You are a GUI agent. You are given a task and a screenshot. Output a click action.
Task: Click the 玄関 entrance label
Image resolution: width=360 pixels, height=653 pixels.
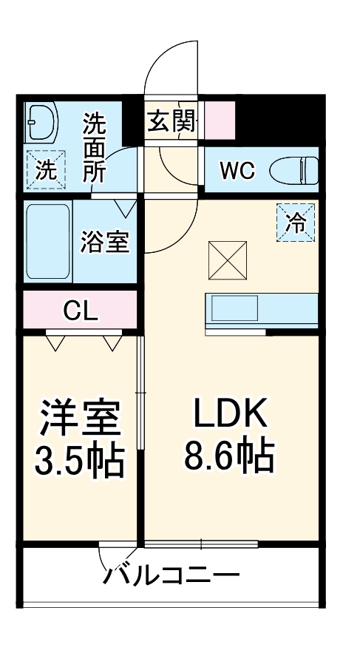pyautogui.click(x=171, y=122)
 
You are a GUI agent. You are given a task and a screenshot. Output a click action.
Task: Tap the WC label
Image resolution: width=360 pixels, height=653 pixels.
pyautogui.click(x=237, y=171)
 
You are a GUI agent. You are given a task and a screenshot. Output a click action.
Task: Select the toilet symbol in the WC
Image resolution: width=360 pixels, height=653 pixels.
pyautogui.click(x=293, y=171)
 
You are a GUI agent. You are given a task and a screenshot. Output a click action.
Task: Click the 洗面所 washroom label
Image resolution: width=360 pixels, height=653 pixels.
pyautogui.click(x=94, y=148)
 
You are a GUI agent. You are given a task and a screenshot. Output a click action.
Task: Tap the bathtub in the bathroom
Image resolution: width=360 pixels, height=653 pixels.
pyautogui.click(x=48, y=243)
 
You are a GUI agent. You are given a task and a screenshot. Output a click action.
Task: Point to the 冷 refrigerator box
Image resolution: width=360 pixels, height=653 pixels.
pyautogui.click(x=296, y=222)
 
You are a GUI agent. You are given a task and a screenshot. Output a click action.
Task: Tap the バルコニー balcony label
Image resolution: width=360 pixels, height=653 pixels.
pyautogui.click(x=171, y=575)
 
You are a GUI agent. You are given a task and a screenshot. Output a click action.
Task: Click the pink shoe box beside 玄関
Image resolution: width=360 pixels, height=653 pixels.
pyautogui.click(x=219, y=121)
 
